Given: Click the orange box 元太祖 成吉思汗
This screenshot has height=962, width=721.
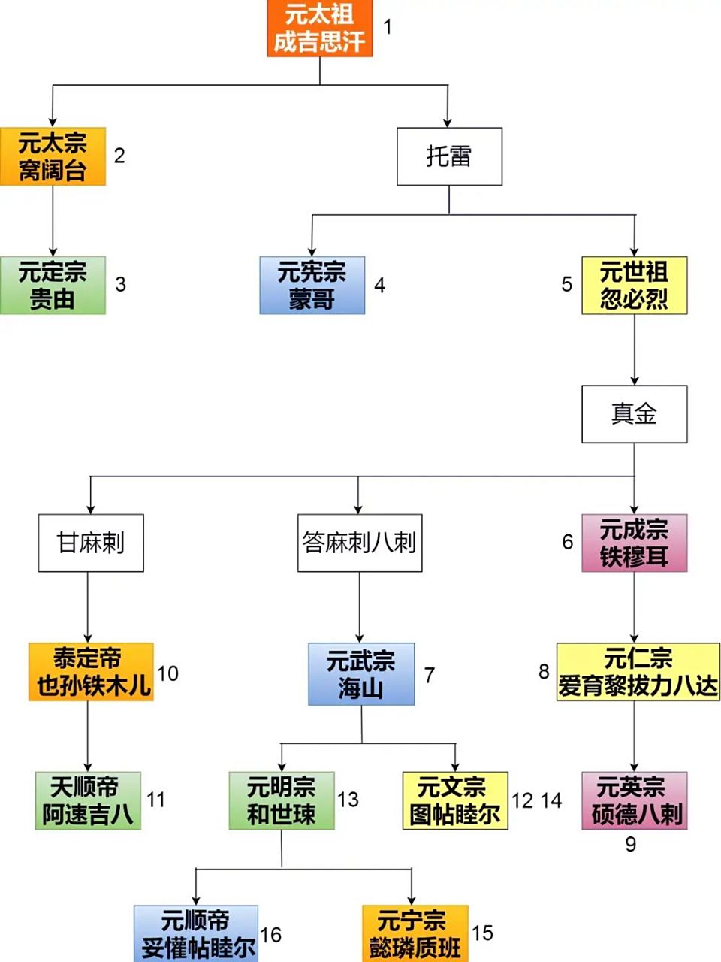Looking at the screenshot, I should pos(320,29).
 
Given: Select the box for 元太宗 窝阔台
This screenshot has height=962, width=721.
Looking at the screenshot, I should pos(53,156).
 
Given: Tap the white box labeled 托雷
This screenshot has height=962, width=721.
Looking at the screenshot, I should pos(449,156).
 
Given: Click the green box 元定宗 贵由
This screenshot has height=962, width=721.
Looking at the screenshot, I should pos(53,285).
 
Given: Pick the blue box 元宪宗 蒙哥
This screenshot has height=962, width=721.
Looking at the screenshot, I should pos(312,285).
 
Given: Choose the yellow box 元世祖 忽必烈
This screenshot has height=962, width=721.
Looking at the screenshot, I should pos(634,285).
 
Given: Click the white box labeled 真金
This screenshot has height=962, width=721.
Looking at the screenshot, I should pos(634,414).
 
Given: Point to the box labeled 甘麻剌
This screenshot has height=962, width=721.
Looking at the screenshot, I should pos(91,543).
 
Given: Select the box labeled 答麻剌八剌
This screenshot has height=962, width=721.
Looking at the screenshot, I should pos(359,543).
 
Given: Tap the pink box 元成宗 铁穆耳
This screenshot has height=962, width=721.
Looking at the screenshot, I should pos(634,543).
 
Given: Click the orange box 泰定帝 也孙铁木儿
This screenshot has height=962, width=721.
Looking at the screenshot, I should pos(91,672).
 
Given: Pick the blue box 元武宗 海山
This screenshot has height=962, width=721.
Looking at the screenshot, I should pos(360,674).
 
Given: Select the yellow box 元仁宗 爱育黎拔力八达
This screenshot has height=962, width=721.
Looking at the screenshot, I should pos(638,672).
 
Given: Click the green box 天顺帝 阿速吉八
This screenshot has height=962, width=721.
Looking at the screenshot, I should pos(88,800).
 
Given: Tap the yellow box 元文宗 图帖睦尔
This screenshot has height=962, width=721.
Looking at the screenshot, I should pos(455,800).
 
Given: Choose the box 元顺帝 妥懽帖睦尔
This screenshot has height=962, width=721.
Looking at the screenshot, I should pos(196,934).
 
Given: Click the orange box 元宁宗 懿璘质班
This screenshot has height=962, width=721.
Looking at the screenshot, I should pos(415,934).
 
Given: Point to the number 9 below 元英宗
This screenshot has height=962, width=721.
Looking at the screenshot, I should pos(631,845).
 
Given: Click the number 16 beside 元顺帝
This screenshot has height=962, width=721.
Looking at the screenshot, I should pos(270,935).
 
